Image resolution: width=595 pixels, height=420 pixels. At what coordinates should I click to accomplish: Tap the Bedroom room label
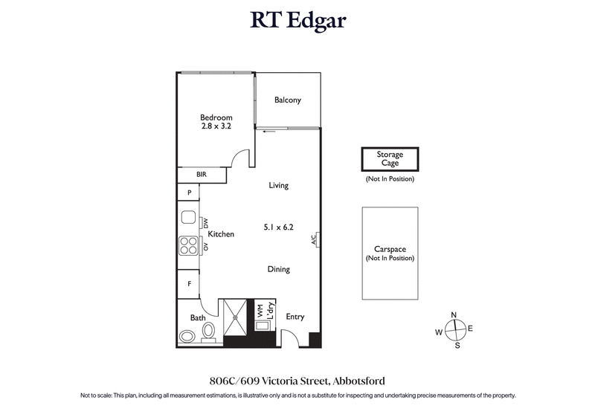point(216,117)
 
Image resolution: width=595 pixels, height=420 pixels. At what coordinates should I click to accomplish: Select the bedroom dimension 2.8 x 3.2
point(216,126)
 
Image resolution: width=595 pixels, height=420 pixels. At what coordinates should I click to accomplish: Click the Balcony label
point(287,100)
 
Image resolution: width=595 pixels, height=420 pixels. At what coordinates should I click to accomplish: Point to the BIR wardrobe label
point(201,175)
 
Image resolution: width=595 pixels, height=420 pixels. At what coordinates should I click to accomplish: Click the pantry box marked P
point(190,193)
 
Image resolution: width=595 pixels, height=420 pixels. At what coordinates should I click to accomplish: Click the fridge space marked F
point(190,283)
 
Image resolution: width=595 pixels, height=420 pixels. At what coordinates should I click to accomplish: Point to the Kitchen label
point(221,234)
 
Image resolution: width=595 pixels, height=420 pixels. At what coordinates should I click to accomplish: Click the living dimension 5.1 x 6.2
point(279,227)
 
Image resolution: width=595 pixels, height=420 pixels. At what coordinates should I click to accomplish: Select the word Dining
point(278,269)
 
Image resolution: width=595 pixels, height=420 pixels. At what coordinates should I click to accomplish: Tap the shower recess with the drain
point(234,317)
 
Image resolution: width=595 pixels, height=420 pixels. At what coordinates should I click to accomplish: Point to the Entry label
point(295,317)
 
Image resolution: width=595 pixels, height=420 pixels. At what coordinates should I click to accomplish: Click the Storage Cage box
point(390,159)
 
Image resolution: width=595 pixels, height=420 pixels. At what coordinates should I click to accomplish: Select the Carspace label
point(390,250)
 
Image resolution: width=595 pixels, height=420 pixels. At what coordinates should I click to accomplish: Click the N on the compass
point(454,314)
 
